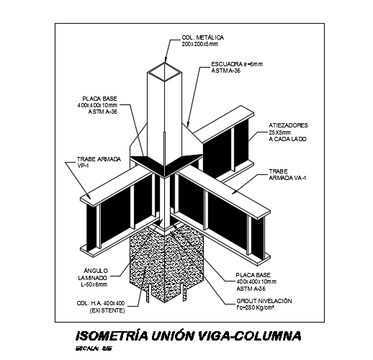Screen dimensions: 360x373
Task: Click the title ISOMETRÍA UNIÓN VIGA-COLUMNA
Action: click(x=188, y=336)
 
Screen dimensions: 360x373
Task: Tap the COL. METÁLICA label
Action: click(x=203, y=37)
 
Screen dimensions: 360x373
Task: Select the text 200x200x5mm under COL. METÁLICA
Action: click(x=203, y=44)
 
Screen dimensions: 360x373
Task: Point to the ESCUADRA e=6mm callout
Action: click(x=238, y=64)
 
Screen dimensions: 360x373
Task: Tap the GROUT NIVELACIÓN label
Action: click(x=264, y=300)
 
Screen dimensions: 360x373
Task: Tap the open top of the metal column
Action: click(x=166, y=71)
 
